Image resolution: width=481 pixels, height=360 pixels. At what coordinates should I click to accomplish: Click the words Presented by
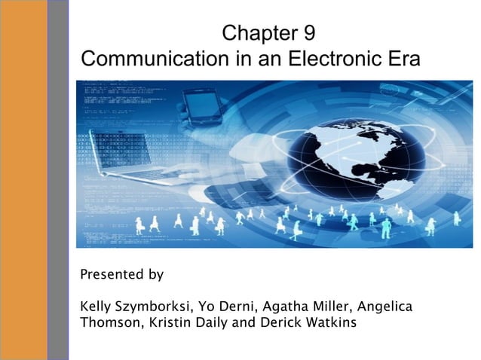(121, 274)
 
